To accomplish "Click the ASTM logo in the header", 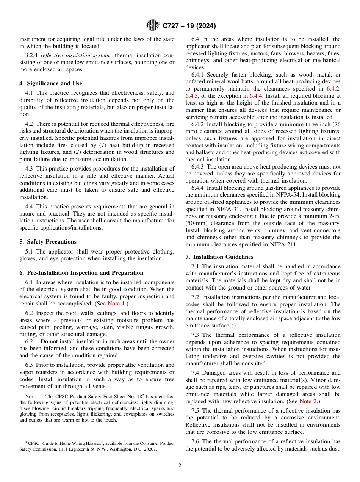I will tap(153, 26).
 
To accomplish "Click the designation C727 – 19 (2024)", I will tap(189, 26).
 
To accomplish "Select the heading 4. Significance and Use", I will tap(51, 83).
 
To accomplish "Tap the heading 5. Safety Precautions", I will tap(48, 242).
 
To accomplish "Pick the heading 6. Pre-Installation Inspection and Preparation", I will tap(81, 273).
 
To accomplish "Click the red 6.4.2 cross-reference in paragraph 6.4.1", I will tap(333, 89).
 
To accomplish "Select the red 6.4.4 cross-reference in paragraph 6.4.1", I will tap(256, 96).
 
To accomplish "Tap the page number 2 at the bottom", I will tap(180, 466).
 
